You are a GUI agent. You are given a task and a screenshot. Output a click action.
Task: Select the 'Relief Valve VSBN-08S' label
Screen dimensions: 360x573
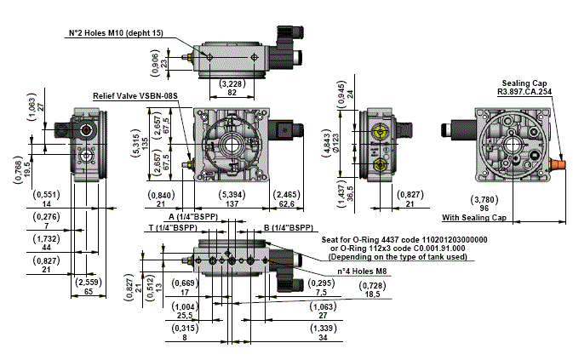point(135,97)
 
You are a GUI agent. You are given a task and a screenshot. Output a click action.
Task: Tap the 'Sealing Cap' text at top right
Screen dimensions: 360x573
point(525,83)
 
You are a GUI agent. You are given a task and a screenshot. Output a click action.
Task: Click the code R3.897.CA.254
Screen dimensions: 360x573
point(524,91)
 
